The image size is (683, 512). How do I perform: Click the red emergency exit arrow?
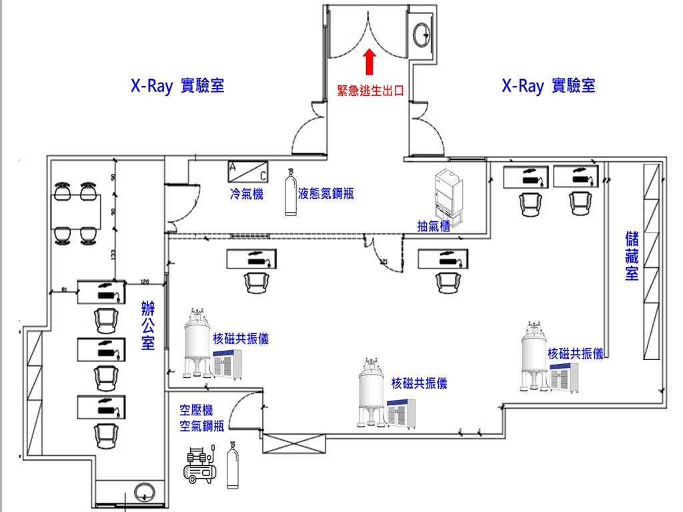368,63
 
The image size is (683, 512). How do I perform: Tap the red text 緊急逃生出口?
372,91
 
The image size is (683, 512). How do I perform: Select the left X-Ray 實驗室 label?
177,86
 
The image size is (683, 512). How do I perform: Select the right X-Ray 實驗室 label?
548,86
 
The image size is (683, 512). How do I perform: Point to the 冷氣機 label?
246,194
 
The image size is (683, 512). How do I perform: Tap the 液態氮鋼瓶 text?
326,194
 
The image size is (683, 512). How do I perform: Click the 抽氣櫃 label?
434,226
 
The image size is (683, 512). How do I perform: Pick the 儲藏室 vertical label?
632,257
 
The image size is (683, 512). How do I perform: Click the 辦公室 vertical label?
148,326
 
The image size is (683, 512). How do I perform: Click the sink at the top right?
422,33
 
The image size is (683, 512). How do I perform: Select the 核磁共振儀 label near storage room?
575,354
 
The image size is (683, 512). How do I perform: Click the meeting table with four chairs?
73,213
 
